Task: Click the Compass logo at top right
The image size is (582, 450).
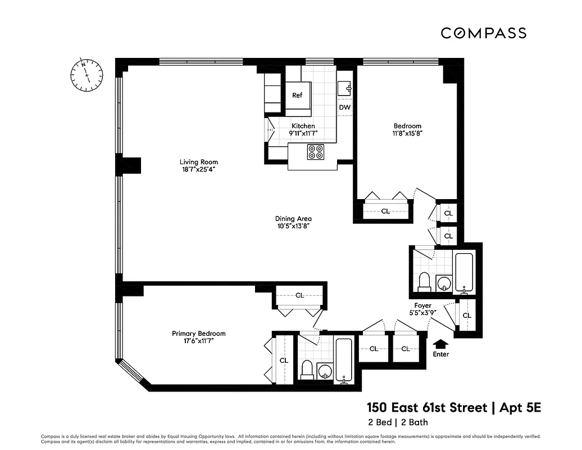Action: click(483, 33)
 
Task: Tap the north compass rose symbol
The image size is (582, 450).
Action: click(87, 74)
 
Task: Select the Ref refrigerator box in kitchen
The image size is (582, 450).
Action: click(297, 96)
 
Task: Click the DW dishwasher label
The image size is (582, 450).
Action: click(345, 107)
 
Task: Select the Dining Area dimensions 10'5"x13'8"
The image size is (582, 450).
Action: click(293, 226)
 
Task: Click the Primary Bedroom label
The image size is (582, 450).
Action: click(199, 334)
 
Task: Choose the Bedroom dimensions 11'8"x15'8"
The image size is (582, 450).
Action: click(407, 134)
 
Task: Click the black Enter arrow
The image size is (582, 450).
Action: click(442, 343)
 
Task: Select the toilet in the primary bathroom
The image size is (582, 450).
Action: click(307, 369)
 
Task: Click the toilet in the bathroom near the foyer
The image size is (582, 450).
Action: click(425, 281)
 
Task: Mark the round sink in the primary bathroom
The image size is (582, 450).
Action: click(325, 371)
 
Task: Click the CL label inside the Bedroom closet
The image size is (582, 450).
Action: click(385, 211)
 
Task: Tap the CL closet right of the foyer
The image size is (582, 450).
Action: click(467, 316)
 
